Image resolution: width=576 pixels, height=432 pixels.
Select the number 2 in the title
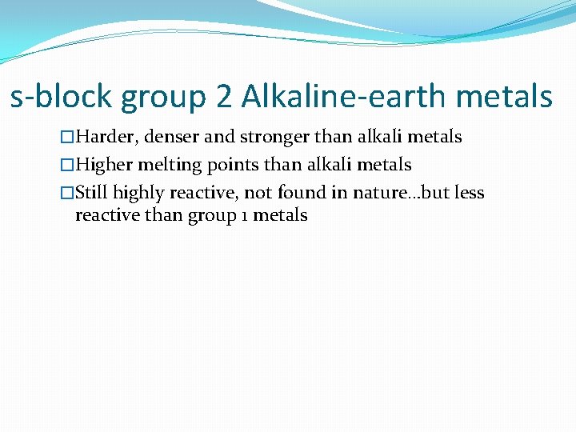(x=223, y=98)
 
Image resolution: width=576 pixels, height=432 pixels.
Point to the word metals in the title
(x=506, y=98)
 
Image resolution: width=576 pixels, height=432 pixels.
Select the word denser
(x=174, y=138)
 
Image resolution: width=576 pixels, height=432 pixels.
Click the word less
(x=470, y=193)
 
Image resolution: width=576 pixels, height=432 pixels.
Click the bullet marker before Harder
(x=67, y=138)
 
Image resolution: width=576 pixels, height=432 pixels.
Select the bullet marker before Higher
(x=67, y=166)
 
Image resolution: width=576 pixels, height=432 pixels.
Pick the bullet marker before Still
(x=67, y=193)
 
